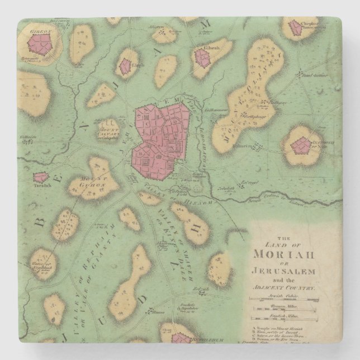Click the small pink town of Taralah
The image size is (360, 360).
click(x=40, y=177)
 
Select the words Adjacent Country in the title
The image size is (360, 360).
click(x=291, y=286)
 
